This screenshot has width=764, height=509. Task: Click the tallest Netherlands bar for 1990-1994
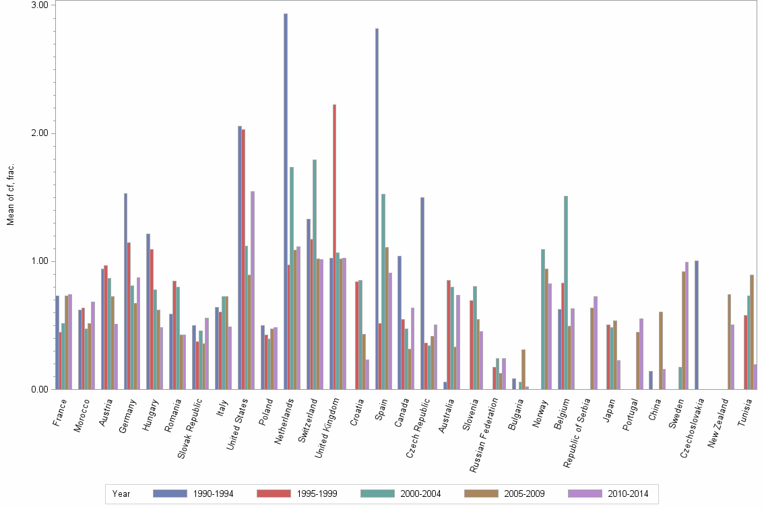(286, 202)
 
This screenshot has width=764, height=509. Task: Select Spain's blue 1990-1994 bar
(377, 209)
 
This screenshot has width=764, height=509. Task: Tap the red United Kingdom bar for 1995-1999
(334, 246)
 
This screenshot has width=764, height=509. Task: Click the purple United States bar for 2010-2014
(253, 290)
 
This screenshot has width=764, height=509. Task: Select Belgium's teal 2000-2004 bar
(566, 292)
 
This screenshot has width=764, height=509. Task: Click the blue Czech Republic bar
(422, 293)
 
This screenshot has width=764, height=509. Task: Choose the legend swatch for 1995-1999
(274, 494)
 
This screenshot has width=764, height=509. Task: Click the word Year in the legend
(122, 494)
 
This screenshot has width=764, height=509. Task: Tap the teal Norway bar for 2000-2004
(543, 319)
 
